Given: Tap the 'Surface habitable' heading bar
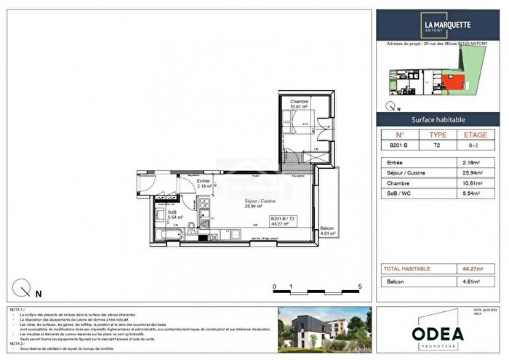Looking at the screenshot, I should coord(438,119).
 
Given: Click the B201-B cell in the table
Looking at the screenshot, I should coord(398,145).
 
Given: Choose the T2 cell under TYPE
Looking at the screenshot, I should coord(438,145).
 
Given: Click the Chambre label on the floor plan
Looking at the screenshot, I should coord(299,102).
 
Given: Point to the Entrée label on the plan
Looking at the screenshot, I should coord(204,181).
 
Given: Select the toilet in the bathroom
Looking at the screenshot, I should coord(191,232).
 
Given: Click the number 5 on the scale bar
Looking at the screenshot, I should coord(360,287).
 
